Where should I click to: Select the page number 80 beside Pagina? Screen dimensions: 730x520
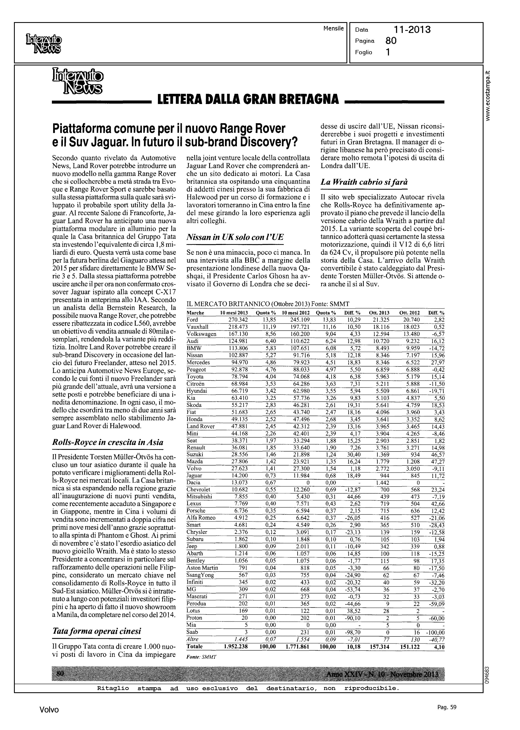[x=391, y=41]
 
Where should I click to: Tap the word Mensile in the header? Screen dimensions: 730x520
[x=333, y=29]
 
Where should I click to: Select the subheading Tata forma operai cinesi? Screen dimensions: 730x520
[x=96, y=631]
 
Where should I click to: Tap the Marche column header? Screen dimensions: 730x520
[x=195, y=313]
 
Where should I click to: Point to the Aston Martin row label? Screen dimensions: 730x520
[x=202, y=568]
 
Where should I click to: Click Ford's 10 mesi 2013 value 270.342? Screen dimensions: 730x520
[x=238, y=320]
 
